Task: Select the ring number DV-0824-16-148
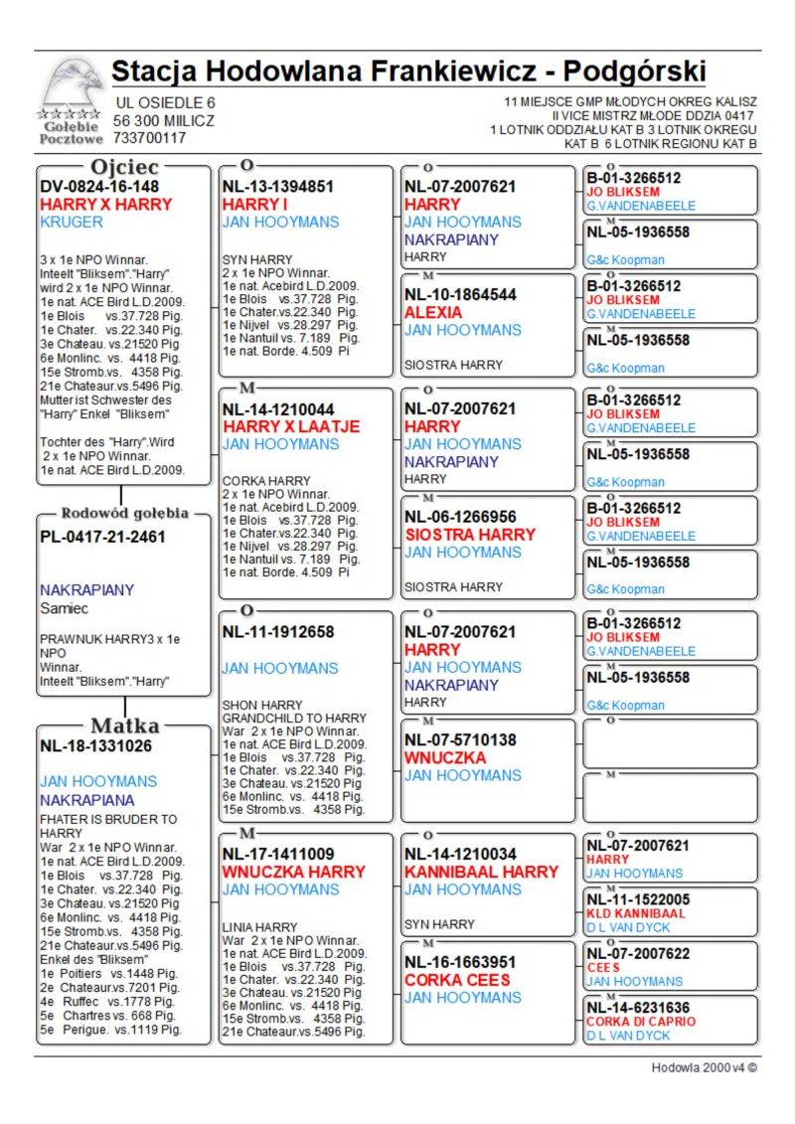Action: pyautogui.click(x=99, y=186)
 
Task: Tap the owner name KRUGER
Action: pyautogui.click(x=72, y=222)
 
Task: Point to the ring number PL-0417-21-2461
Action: pyautogui.click(x=102, y=537)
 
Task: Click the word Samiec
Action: pyautogui.click(x=65, y=607)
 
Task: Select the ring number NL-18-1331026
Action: pyautogui.click(x=96, y=745)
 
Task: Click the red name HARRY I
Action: pyautogui.click(x=254, y=204)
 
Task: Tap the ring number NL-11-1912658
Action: pyautogui.click(x=278, y=632)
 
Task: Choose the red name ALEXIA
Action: pyautogui.click(x=433, y=312)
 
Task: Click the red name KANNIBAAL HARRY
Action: pyautogui.click(x=481, y=872)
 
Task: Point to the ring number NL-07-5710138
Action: pyautogui.click(x=460, y=739)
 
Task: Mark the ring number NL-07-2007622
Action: pyautogui.click(x=637, y=953)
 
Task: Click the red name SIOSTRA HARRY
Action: pyautogui.click(x=469, y=534)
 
